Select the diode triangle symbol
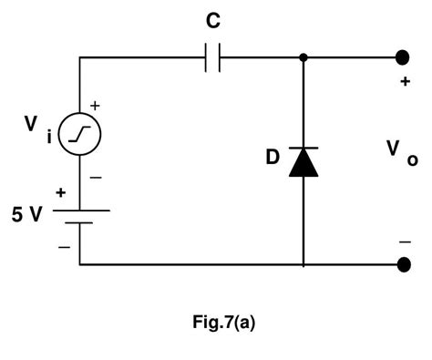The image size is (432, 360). [x=303, y=163]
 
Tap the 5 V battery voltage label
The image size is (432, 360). [x=26, y=217]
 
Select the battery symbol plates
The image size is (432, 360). [x=79, y=216]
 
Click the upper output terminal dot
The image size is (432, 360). [x=401, y=57]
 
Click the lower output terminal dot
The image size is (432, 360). [x=401, y=265]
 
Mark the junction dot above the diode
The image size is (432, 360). [x=303, y=58]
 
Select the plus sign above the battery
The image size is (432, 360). [x=61, y=192]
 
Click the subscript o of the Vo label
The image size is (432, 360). [x=413, y=160]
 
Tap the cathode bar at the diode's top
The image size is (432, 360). [x=303, y=148]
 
